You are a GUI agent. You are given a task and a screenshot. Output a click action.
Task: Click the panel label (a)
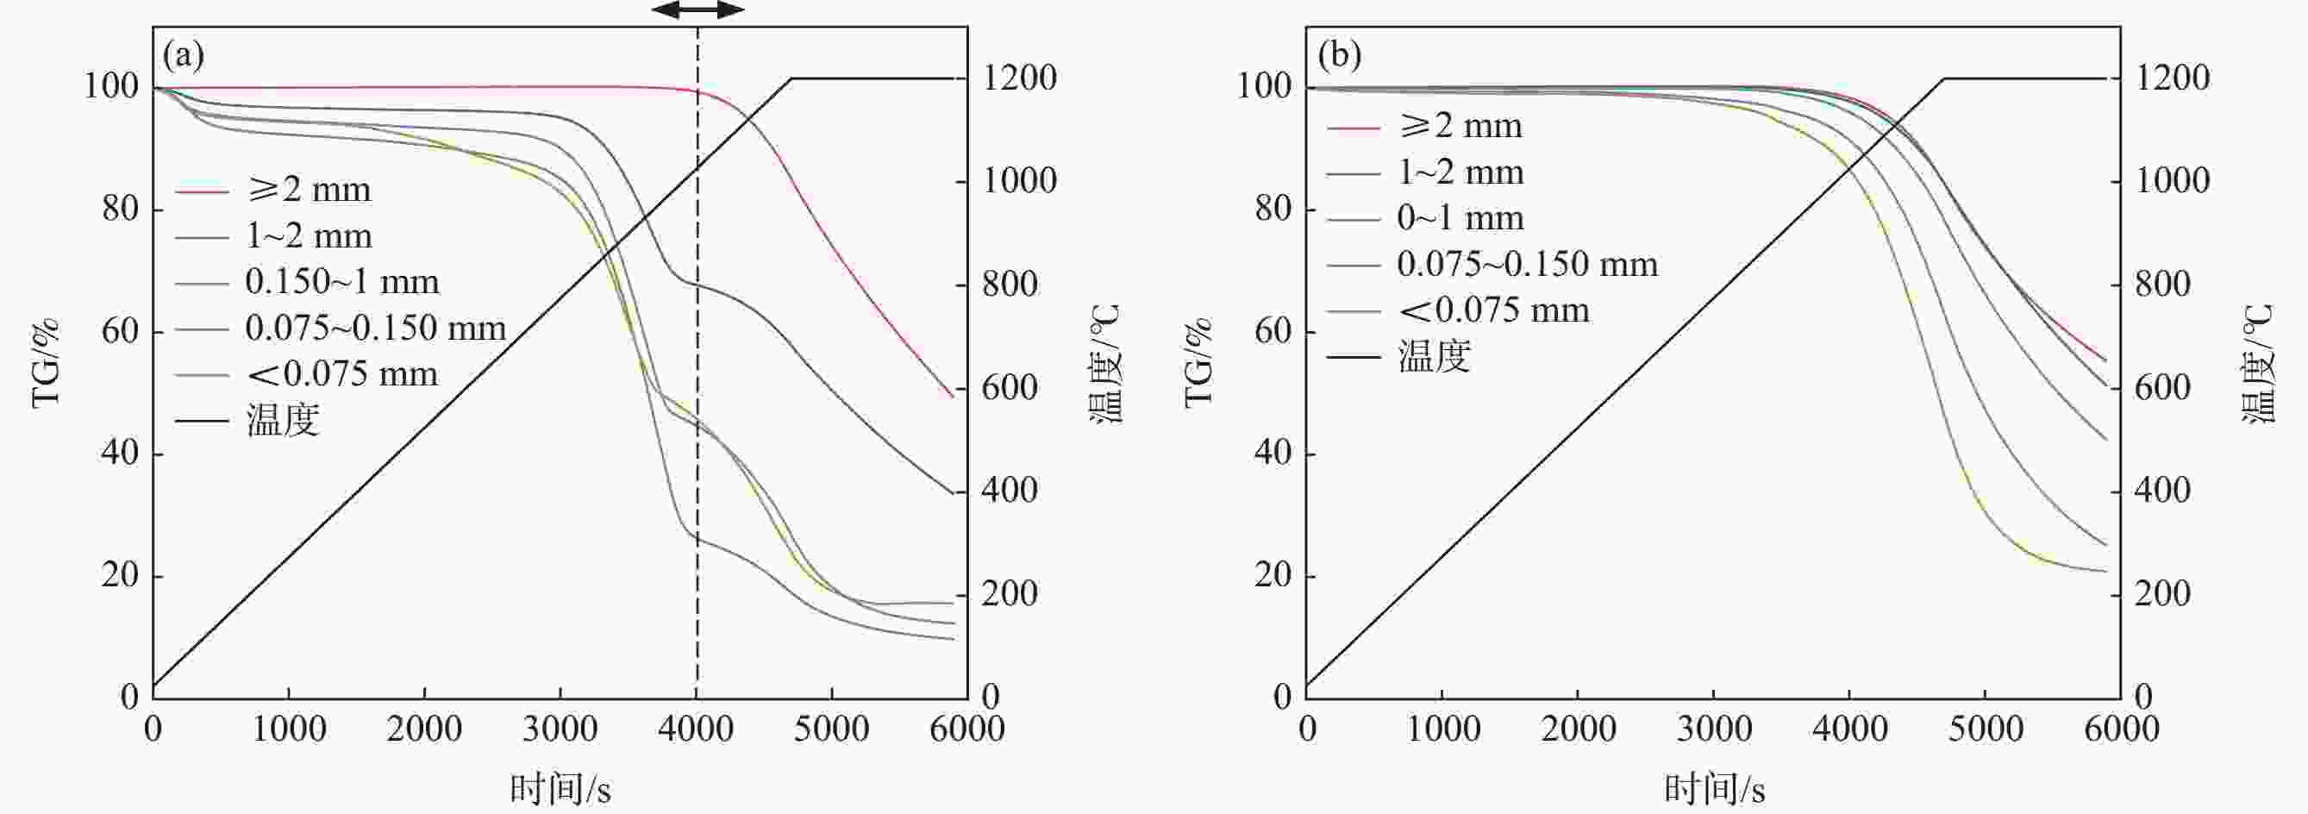[183, 56]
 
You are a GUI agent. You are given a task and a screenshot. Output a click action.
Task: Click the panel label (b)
[1340, 56]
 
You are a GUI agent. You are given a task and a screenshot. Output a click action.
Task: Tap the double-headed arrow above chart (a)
[697, 10]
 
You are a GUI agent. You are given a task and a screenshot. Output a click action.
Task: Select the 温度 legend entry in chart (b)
[1434, 356]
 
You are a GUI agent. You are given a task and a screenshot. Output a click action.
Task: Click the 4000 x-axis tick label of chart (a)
[695, 729]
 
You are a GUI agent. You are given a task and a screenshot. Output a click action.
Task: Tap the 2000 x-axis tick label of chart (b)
[1579, 729]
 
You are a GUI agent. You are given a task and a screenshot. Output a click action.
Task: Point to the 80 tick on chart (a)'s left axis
[120, 209]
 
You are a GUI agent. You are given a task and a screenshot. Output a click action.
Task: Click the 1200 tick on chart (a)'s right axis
[1020, 78]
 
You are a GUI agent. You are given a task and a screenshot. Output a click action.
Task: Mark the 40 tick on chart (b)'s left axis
[1273, 453]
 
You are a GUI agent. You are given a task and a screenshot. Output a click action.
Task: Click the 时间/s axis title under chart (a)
[560, 789]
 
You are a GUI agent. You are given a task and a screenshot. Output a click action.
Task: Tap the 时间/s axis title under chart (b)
[1714, 789]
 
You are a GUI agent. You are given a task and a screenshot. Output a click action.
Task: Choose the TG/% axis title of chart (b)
[1198, 362]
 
